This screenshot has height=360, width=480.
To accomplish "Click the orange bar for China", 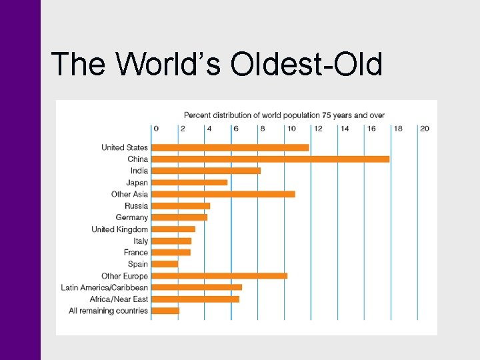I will [x=270, y=159].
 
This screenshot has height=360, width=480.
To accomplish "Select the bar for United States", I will [x=230, y=147].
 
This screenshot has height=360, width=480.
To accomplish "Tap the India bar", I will [x=206, y=171].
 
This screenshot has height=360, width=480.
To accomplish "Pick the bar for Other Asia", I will [x=223, y=194].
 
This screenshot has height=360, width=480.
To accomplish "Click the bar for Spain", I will [x=165, y=264].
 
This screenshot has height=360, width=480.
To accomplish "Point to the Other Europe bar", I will [x=219, y=275].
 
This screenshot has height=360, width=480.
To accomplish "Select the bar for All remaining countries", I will [x=165, y=311].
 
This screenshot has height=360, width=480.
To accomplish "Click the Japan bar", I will [x=189, y=183].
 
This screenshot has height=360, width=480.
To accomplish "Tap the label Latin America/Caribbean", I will [x=104, y=287].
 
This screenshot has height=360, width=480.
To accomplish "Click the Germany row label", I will [x=131, y=217].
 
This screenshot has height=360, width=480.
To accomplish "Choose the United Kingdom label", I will [x=120, y=229].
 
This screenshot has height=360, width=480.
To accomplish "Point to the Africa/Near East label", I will [x=114, y=299].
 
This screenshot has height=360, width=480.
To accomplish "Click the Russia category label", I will [x=136, y=206].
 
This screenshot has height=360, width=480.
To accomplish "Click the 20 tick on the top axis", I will [x=425, y=129].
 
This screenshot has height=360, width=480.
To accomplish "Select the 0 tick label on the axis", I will [x=156, y=129].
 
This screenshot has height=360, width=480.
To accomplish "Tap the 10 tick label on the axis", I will [x=291, y=129].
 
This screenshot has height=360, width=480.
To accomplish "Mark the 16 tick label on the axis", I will [x=371, y=129].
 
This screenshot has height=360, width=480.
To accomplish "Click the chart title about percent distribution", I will [x=284, y=115].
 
